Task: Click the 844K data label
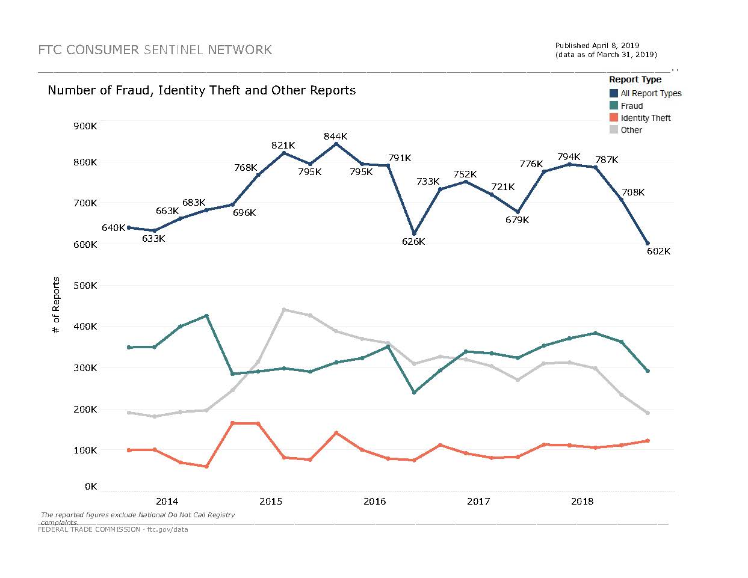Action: pyautogui.click(x=335, y=137)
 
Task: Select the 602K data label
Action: pyautogui.click(x=658, y=251)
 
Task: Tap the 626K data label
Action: pyautogui.click(x=413, y=242)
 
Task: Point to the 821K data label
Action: pyautogui.click(x=283, y=146)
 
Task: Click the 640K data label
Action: pyautogui.click(x=113, y=228)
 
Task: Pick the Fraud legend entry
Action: pyautogui.click(x=632, y=106)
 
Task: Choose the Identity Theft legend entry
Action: pyautogui.click(x=645, y=118)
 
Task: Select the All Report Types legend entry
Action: pyautogui.click(x=651, y=93)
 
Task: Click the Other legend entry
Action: pyautogui.click(x=631, y=130)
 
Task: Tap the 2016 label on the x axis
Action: pyautogui.click(x=375, y=502)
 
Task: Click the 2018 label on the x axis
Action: pyautogui.click(x=582, y=502)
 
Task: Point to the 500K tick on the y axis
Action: pyautogui.click(x=85, y=285)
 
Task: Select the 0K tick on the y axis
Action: pyautogui.click(x=91, y=486)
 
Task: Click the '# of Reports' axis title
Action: pyautogui.click(x=57, y=306)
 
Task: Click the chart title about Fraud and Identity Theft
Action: pyautogui.click(x=202, y=90)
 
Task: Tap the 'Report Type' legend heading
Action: pyautogui.click(x=635, y=79)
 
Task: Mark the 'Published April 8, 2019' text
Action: pyautogui.click(x=597, y=46)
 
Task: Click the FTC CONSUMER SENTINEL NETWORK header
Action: pyautogui.click(x=155, y=50)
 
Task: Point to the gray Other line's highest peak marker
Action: pyautogui.click(x=284, y=310)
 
